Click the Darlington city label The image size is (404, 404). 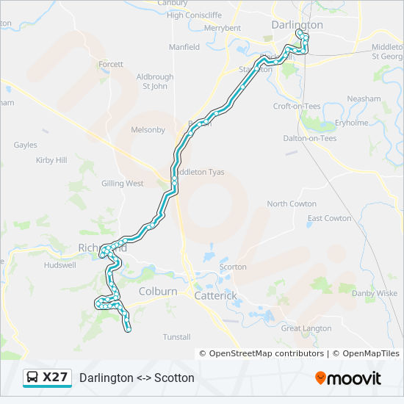[297, 24]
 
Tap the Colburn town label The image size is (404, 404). [157, 292]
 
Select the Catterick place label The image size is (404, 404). [215, 295]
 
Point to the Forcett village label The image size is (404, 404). [111, 65]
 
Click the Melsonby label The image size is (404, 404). [148, 130]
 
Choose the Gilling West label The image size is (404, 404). [123, 184]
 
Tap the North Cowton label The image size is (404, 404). [292, 204]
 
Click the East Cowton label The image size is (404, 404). [329, 218]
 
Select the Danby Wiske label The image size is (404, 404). [374, 293]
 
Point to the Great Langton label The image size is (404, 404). [306, 328]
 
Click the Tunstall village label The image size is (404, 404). [176, 337]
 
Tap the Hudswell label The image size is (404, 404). [59, 265]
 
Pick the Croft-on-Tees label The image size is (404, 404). [297, 106]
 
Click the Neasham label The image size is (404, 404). [364, 98]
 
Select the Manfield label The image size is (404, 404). [184, 47]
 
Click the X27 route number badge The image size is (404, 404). [55, 378]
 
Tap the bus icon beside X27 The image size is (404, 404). [32, 378]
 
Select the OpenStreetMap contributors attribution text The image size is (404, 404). [267, 353]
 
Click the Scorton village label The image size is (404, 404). [233, 267]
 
